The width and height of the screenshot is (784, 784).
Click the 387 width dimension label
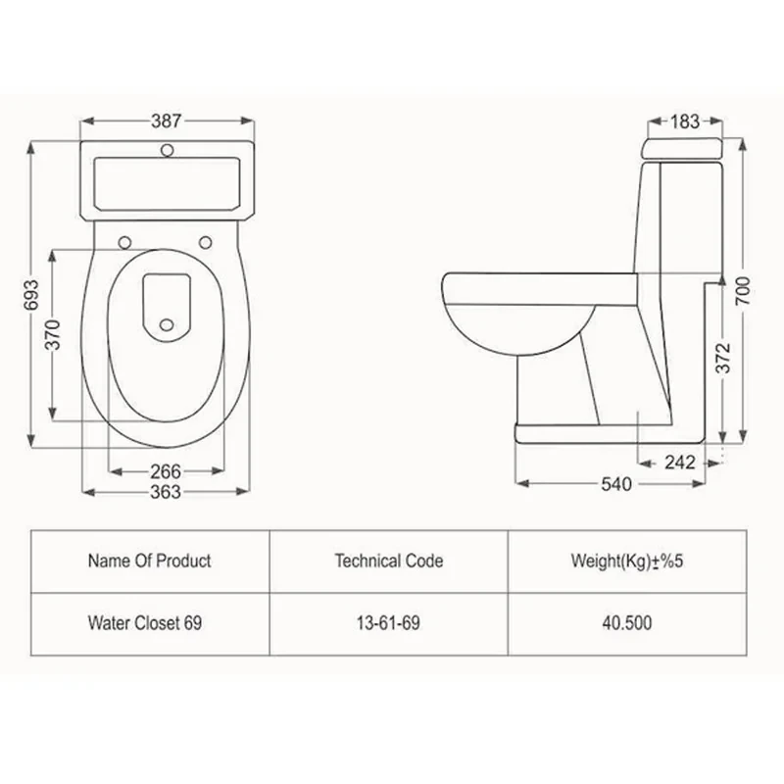coord(167,121)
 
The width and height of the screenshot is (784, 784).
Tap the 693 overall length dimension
coord(31,295)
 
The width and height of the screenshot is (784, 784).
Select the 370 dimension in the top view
coord(53,334)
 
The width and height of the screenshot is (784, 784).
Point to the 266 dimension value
coord(166,471)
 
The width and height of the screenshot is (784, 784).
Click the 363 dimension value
coord(166,492)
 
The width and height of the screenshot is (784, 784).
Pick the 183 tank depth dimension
coord(685,122)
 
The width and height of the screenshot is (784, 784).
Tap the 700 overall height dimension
coord(743,290)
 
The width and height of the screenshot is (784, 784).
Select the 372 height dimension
coord(723,358)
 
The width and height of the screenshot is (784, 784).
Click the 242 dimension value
coord(680,463)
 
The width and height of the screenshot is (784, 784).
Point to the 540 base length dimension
coord(616,484)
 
